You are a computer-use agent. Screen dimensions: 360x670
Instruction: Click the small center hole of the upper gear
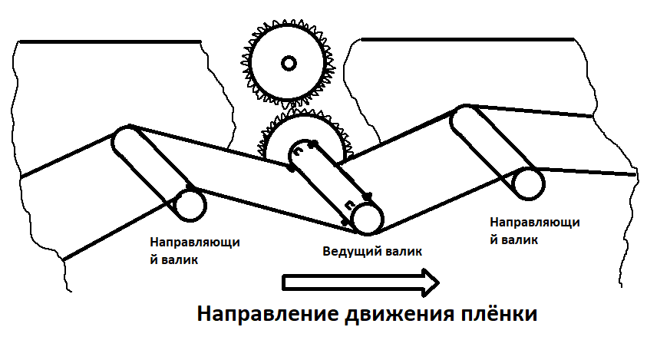tap(289, 63)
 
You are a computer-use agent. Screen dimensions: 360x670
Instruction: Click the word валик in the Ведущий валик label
tap(404, 251)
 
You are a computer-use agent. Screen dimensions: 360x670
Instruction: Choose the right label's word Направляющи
tap(533, 222)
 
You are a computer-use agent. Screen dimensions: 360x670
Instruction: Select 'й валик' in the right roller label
tap(513, 239)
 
